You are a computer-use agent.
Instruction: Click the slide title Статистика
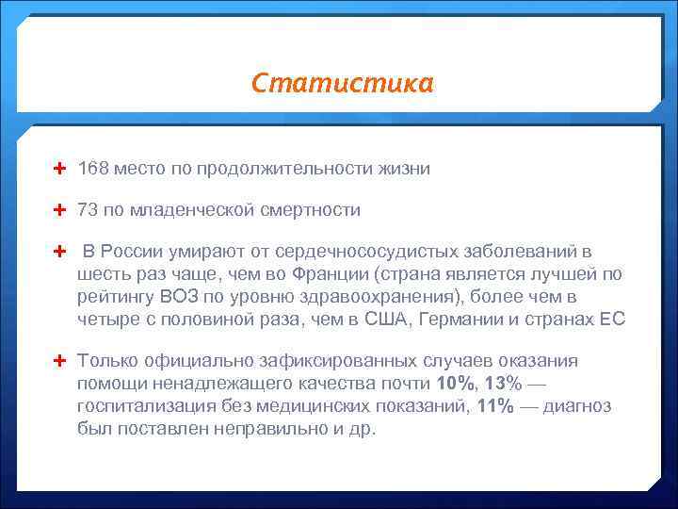[x=343, y=84]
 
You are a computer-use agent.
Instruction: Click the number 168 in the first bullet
[x=94, y=169]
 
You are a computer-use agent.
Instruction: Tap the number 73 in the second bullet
[x=89, y=210]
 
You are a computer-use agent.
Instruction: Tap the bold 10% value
[x=458, y=384]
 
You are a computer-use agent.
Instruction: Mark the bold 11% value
[x=495, y=406]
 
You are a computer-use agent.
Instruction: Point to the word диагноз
[x=576, y=406]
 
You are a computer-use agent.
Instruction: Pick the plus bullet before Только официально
[x=60, y=361]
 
